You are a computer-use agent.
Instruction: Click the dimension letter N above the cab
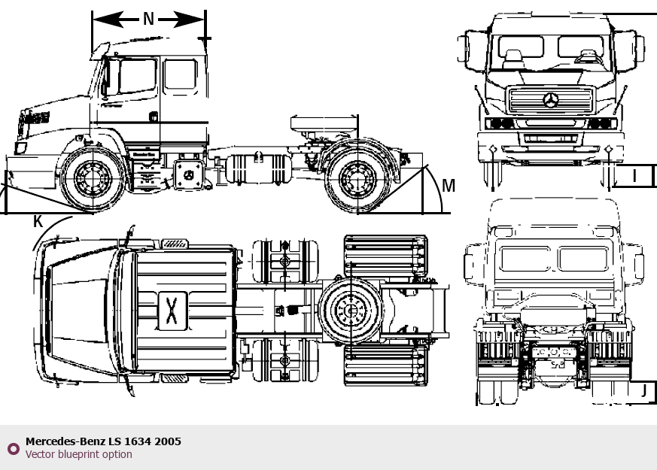[x=148, y=19]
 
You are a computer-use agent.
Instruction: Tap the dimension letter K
[x=38, y=221]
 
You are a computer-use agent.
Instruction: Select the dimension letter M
[x=449, y=185]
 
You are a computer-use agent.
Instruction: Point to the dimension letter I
[x=634, y=176]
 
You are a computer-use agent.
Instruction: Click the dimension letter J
[x=643, y=390]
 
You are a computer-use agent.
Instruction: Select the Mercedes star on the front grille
[x=551, y=100]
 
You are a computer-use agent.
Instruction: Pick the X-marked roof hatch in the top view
[x=172, y=309]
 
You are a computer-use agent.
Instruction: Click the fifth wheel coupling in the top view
[x=350, y=309]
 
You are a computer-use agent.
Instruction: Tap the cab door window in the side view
[x=136, y=77]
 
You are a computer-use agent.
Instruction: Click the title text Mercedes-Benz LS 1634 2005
[x=103, y=441]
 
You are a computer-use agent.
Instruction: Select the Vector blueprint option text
[x=78, y=454]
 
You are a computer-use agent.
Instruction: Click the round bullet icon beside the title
[x=13, y=449]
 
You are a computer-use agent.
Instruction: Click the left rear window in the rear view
[x=525, y=259]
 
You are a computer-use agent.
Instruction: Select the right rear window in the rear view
[x=583, y=259]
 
